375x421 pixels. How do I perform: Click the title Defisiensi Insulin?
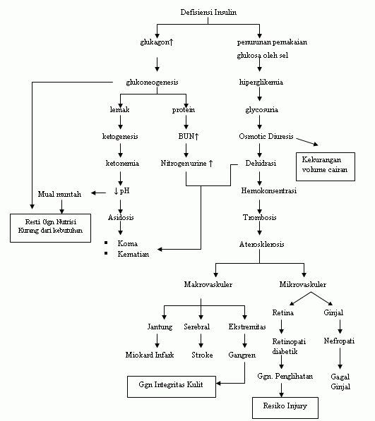210,12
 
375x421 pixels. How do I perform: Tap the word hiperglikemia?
261,82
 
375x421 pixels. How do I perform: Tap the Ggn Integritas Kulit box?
171,386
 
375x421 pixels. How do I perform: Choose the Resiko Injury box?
285,408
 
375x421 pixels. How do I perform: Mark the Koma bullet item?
128,243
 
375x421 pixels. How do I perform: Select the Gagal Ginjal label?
340,382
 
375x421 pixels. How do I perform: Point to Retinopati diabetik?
282,347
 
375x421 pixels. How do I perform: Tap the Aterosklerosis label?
261,245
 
